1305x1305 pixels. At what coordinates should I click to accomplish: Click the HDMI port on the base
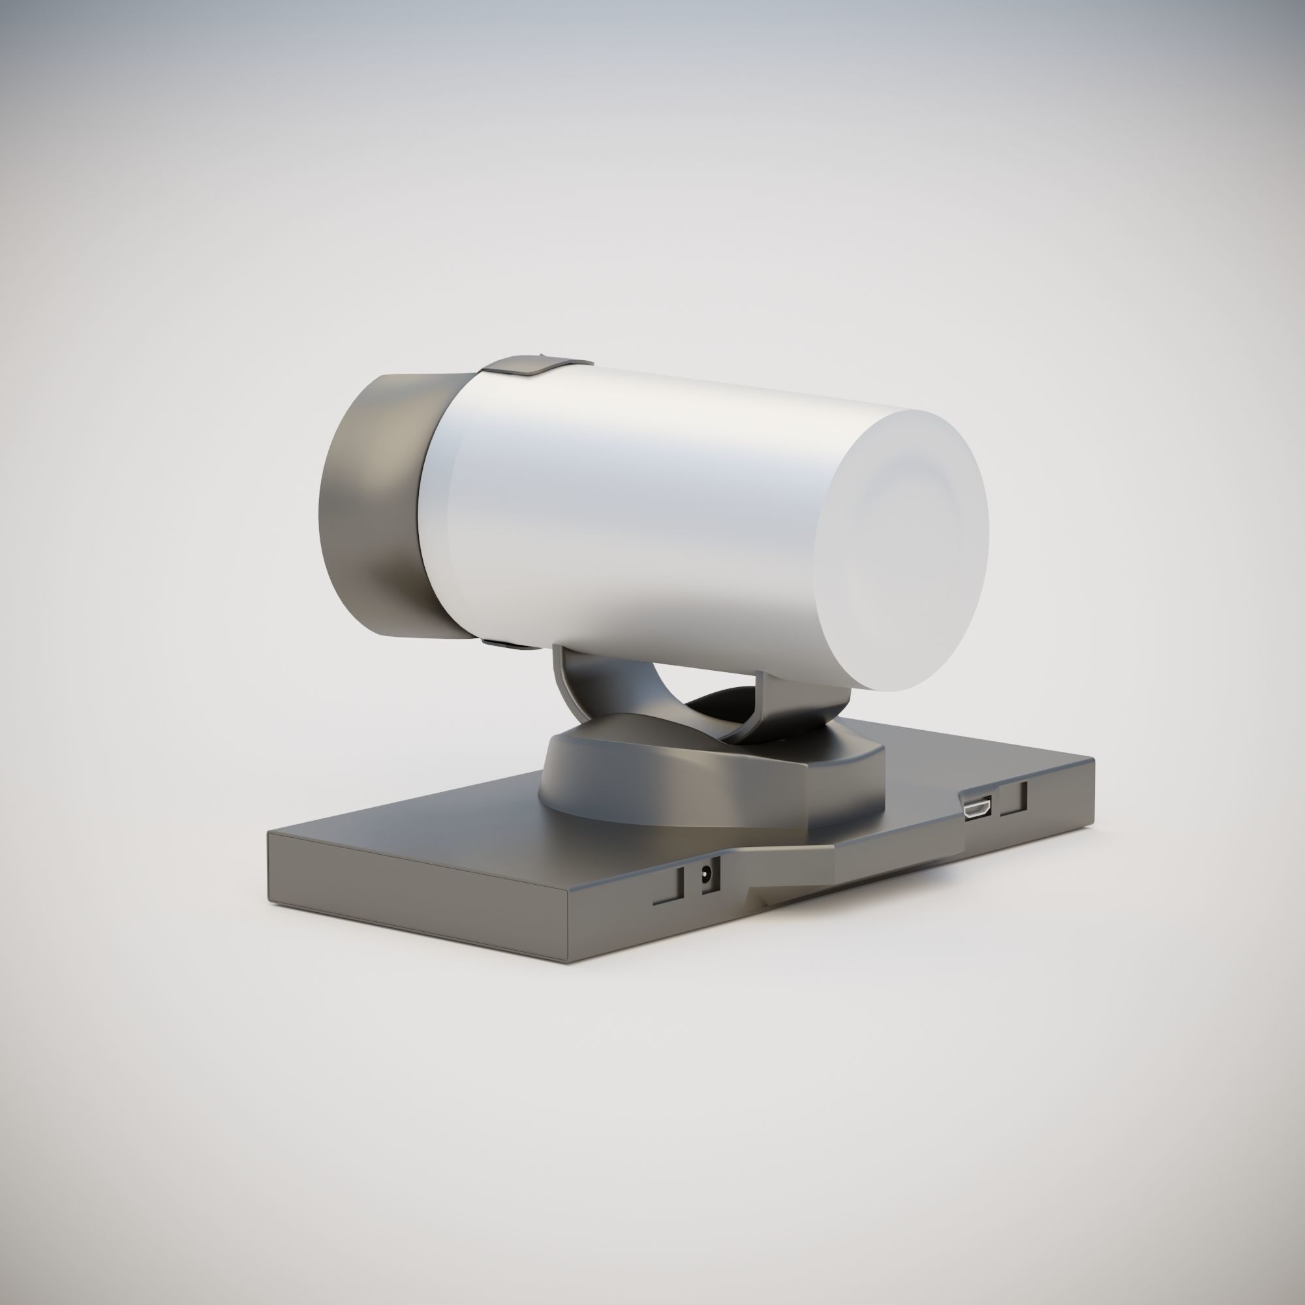point(977,808)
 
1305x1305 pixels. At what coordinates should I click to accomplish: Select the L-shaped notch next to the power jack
point(669,887)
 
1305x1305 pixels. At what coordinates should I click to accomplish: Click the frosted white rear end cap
point(902,547)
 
